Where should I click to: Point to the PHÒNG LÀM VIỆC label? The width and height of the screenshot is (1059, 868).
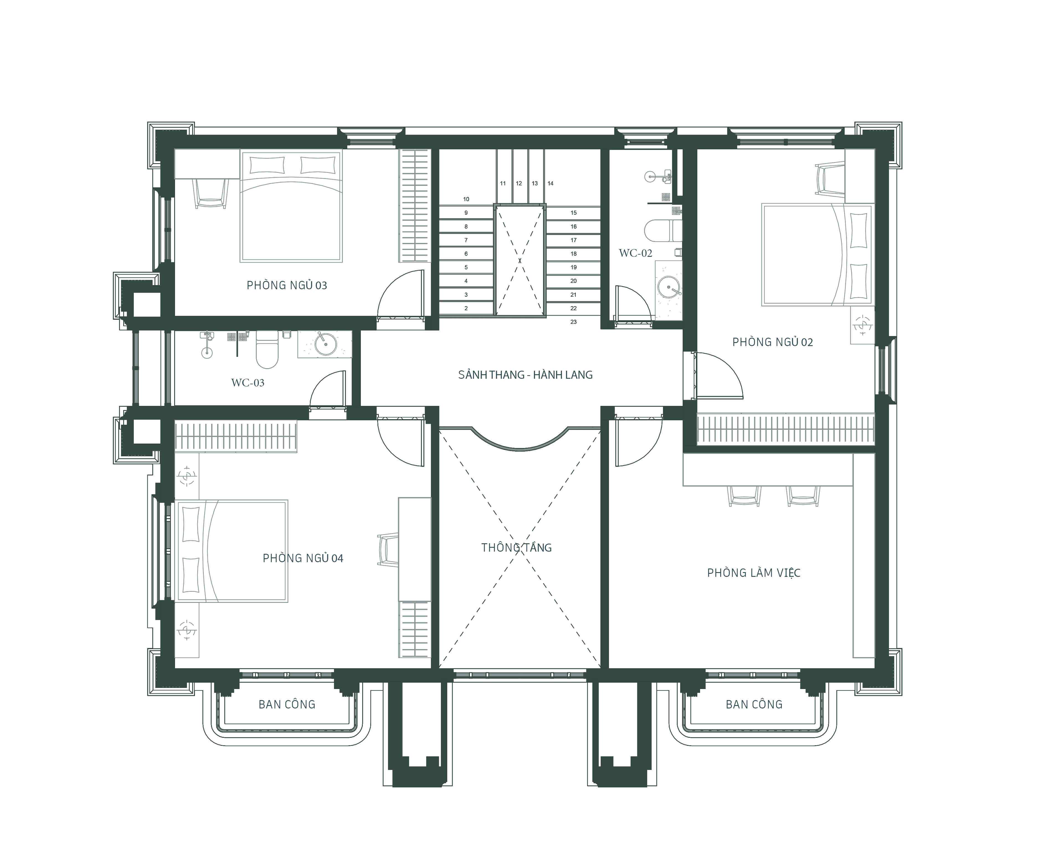[x=754, y=573]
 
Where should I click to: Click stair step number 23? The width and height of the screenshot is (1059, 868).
[x=573, y=322]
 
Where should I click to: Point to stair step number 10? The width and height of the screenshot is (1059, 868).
[x=466, y=199]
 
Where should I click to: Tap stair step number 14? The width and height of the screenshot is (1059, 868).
[x=550, y=183]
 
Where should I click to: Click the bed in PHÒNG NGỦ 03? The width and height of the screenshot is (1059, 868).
[x=291, y=206]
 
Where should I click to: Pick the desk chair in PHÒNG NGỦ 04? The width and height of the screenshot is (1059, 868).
[x=388, y=550]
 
